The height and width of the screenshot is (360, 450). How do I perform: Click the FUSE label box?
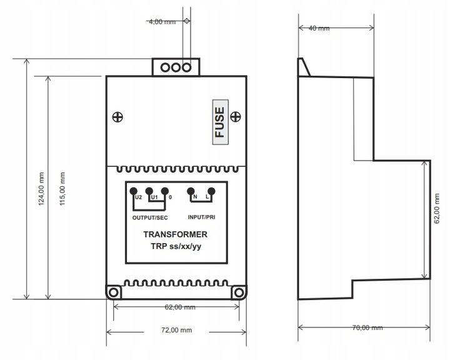pyautogui.click(x=221, y=122)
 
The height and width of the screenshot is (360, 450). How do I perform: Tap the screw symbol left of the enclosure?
pyautogui.click(x=117, y=117)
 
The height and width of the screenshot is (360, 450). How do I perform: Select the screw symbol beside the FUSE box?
pyautogui.click(x=236, y=116)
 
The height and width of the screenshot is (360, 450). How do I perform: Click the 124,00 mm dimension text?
pyautogui.click(x=41, y=189)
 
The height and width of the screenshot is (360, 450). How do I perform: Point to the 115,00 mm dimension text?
pyautogui.click(x=62, y=189)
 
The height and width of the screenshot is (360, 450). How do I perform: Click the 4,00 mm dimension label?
pyautogui.click(x=162, y=22)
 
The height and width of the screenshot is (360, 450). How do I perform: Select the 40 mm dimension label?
pyautogui.click(x=319, y=28)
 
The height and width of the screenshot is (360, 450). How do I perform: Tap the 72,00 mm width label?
pyautogui.click(x=176, y=330)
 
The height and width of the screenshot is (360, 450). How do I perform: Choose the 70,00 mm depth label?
pyautogui.click(x=367, y=327)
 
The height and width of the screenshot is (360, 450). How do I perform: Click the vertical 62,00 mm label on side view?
pyautogui.click(x=437, y=208)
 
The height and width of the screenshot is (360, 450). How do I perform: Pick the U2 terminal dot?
pyautogui.click(x=134, y=191)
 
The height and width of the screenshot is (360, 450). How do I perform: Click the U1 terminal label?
pyautogui.click(x=154, y=197)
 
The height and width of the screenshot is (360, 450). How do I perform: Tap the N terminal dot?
pyautogui.click(x=191, y=191)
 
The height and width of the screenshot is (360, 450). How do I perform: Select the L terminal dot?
pyautogui.click(x=211, y=191)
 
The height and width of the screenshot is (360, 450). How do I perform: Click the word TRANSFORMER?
pyautogui.click(x=176, y=234)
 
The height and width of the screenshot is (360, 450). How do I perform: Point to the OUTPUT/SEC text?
pyautogui.click(x=150, y=217)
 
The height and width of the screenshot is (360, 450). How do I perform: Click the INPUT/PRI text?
pyautogui.click(x=201, y=217)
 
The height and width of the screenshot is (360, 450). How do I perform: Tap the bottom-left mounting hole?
pyautogui.click(x=114, y=292)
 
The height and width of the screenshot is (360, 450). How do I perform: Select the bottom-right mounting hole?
pyautogui.click(x=239, y=292)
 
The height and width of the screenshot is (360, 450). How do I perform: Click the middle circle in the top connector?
pyautogui.click(x=176, y=67)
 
